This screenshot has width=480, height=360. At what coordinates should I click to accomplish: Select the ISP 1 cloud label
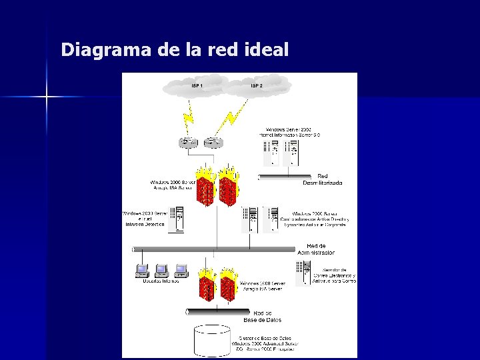(x=197, y=86)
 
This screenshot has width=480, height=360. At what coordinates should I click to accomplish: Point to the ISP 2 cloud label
(x=257, y=86)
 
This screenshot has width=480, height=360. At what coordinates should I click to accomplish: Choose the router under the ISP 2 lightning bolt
(x=212, y=143)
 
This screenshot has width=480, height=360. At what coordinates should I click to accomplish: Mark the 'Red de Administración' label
(x=316, y=249)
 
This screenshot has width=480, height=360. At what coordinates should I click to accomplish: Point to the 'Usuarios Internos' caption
(x=161, y=281)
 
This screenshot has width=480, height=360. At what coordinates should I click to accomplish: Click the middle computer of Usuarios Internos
(x=161, y=269)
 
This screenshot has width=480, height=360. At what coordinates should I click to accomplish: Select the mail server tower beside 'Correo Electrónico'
(x=303, y=273)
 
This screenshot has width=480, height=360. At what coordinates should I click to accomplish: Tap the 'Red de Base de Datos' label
(x=263, y=316)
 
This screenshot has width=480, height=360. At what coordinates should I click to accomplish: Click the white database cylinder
(x=212, y=341)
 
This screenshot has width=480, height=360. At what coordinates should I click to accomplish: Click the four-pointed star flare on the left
(x=47, y=97)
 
